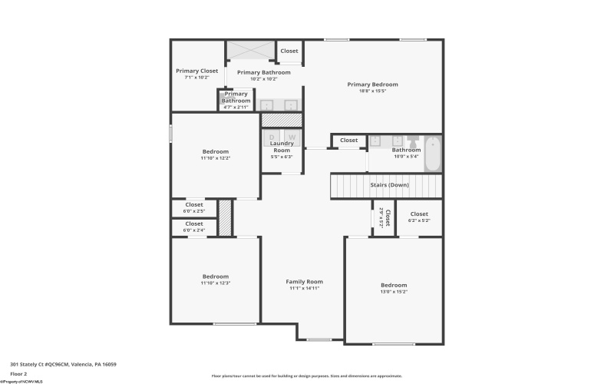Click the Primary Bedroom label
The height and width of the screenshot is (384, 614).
(372, 84)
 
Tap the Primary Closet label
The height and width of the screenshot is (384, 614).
(196, 71)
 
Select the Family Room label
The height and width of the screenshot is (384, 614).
(304, 281)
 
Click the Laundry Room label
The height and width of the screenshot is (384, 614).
(282, 147)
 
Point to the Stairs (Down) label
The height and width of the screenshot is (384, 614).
(389, 185)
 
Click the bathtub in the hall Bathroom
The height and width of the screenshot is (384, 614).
(433, 154)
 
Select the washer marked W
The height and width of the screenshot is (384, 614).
(291, 137)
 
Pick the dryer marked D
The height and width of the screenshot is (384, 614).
(272, 137)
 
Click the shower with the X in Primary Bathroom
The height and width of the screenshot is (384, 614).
(250, 50)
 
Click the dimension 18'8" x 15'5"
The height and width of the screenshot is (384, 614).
(372, 91)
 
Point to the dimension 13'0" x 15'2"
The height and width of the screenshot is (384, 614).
(394, 292)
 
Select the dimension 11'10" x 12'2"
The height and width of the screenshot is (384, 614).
(216, 158)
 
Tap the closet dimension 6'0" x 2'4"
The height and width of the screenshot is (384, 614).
(194, 230)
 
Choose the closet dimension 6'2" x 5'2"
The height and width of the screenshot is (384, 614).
(419, 220)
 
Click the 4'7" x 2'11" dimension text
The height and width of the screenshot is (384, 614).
(236, 107)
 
